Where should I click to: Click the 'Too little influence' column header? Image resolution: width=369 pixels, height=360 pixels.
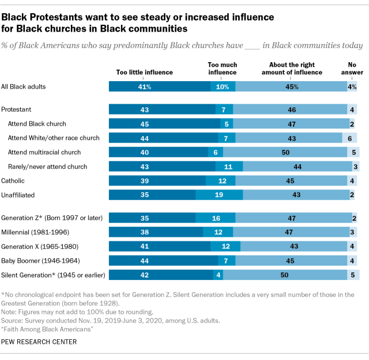pyautogui.click(x=144, y=73)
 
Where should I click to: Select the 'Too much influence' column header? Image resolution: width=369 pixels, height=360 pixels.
pyautogui.click(x=222, y=69)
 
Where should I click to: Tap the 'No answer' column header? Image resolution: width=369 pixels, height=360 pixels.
pyautogui.click(x=351, y=69)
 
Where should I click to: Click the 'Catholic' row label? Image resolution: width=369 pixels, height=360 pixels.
pyautogui.click(x=13, y=181)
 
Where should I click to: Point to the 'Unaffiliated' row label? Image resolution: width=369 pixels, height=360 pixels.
pyautogui.click(x=18, y=195)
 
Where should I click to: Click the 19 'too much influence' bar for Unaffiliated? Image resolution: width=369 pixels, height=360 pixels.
pyautogui.click(x=219, y=195)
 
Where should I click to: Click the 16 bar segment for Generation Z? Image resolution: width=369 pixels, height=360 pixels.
pyautogui.click(x=216, y=218)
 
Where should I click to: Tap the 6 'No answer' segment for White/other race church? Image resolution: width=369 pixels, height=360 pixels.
pyautogui.click(x=350, y=138)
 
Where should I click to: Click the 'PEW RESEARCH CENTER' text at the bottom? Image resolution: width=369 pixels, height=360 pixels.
pyautogui.click(x=40, y=342)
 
